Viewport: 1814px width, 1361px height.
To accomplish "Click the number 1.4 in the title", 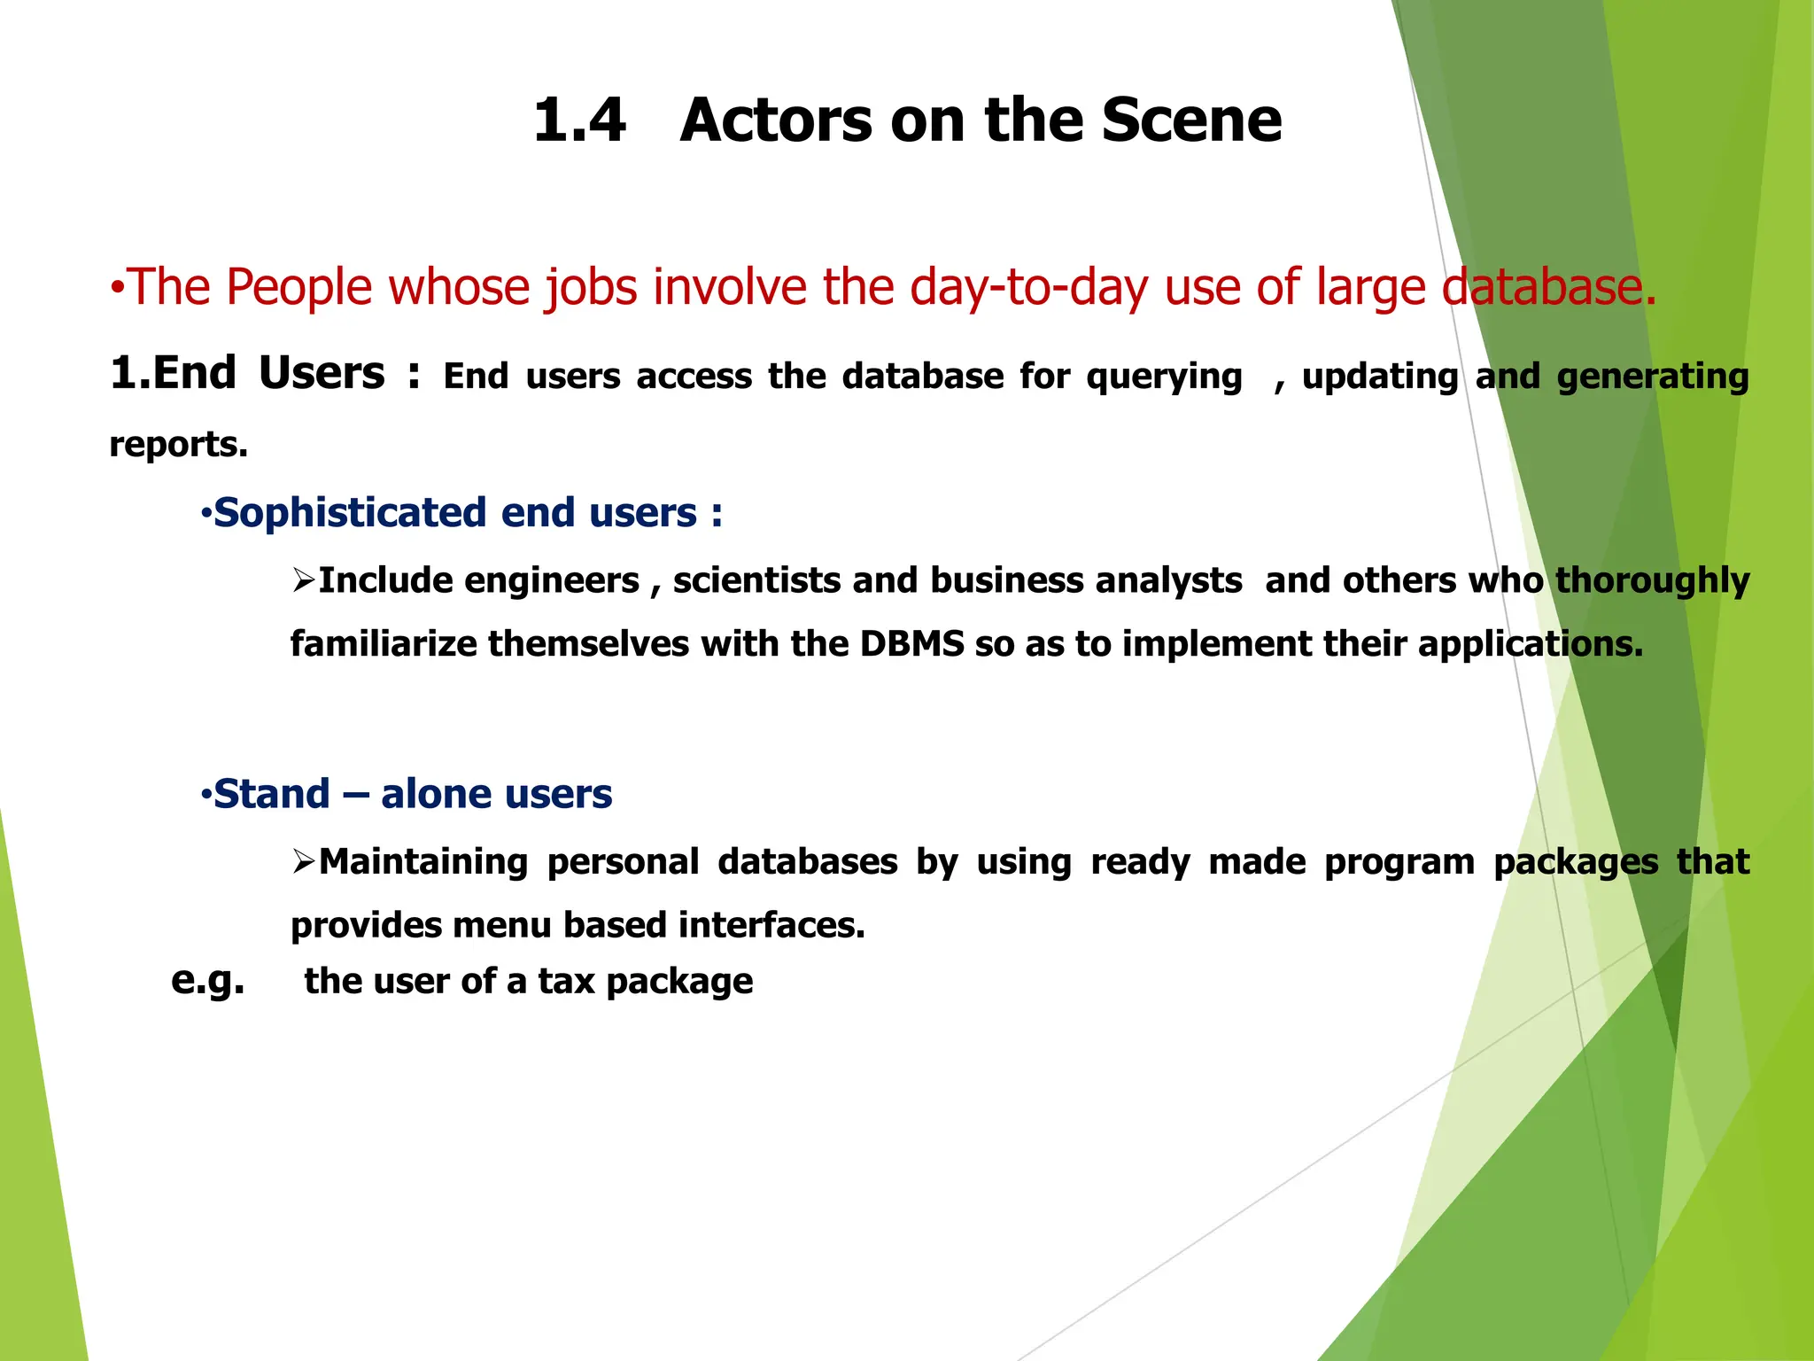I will (579, 121).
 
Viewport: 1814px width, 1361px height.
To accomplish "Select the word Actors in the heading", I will (776, 121).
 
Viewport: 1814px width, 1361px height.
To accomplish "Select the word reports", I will (178, 444).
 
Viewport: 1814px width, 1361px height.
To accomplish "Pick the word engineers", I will (552, 580).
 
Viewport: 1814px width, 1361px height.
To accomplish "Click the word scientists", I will (755, 580).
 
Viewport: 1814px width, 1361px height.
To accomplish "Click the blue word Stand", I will (272, 794).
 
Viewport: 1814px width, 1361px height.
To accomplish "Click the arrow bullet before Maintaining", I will (303, 860).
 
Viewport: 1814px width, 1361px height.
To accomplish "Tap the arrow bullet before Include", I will (303, 580).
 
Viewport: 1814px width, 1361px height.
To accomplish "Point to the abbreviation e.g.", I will (207, 980).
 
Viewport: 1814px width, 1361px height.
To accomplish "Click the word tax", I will (565, 981).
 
